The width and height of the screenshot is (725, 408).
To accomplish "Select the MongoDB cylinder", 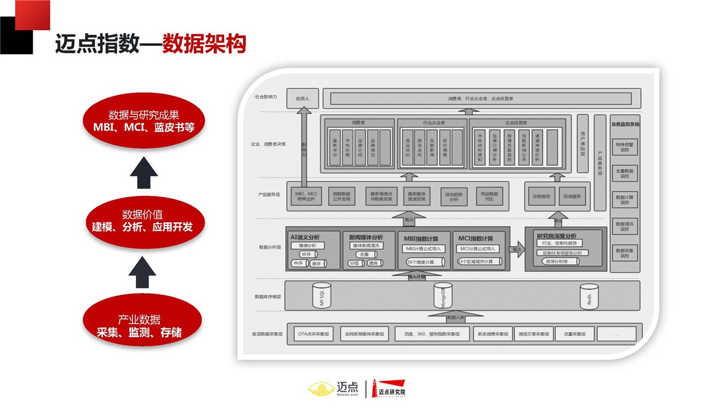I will point(443,295).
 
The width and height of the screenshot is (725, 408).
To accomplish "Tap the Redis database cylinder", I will point(588,296).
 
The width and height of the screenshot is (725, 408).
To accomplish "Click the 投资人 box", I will point(301,98).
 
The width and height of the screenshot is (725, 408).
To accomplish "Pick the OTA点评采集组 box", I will point(313,334).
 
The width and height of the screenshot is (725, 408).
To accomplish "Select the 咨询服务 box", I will point(572,196).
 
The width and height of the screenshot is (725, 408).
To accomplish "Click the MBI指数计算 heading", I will point(422,238).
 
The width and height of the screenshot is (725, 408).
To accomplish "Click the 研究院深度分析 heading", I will point(556,236).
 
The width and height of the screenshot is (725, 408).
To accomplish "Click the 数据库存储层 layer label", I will point(268,297).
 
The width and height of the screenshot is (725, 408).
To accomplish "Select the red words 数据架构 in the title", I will point(204,44).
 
